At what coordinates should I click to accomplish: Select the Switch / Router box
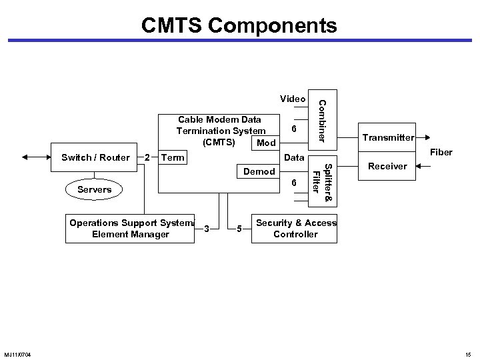point(95,158)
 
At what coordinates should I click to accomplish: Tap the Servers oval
point(95,190)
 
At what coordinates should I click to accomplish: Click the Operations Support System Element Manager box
point(131,229)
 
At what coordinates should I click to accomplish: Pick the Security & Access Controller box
point(297,229)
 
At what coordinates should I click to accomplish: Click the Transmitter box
point(387,139)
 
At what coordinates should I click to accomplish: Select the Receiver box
point(387,166)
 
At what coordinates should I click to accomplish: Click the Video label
point(293,99)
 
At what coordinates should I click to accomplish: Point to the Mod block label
point(266,143)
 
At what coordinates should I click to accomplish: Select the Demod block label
point(259,171)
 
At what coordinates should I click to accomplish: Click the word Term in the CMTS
point(173,158)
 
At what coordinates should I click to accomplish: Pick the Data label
point(294,158)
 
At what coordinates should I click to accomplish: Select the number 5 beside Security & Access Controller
point(240,229)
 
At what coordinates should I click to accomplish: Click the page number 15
point(467,353)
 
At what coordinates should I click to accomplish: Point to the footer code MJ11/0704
point(23,353)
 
